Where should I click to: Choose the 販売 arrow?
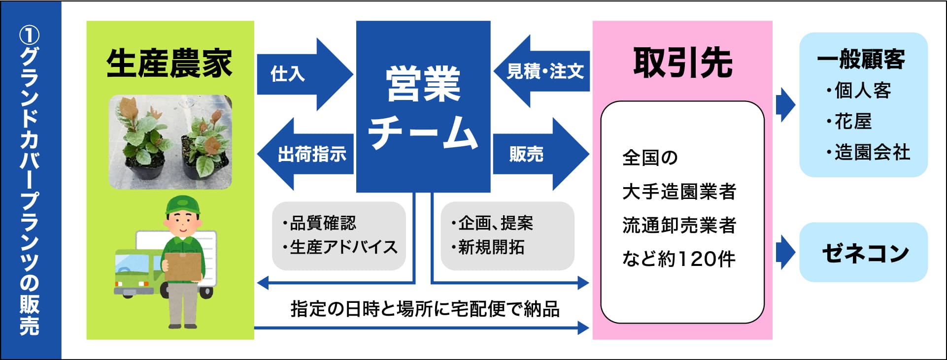pyautogui.click(x=538, y=154)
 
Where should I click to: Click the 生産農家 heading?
pyautogui.click(x=169, y=64)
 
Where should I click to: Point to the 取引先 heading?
pyautogui.click(x=682, y=63)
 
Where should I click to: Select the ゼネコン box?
pyautogui.click(x=864, y=253)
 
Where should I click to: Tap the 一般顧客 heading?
pyautogui.click(x=861, y=60)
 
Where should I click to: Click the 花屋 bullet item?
pyautogui.click(x=852, y=121)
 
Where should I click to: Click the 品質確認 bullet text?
pyautogui.click(x=323, y=223)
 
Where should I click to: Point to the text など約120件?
pyautogui.click(x=678, y=259)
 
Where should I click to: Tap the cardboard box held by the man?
pyautogui.click(x=184, y=266)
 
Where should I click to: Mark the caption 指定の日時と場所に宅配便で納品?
pyautogui.click(x=425, y=309)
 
